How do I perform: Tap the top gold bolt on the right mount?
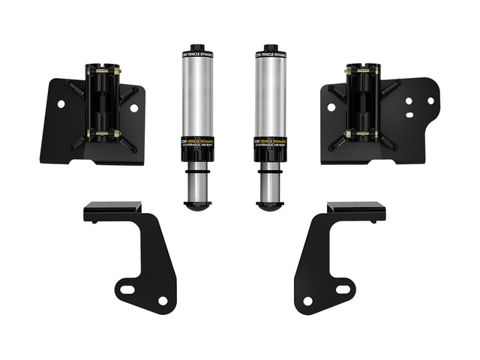click(x=359, y=71)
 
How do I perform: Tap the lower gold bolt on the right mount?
click(x=359, y=135)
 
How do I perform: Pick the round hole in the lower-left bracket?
click(x=163, y=301)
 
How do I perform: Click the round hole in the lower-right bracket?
click(x=307, y=301)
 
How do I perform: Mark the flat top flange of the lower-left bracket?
click(x=112, y=208)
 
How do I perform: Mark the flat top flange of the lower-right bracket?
click(x=356, y=208)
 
